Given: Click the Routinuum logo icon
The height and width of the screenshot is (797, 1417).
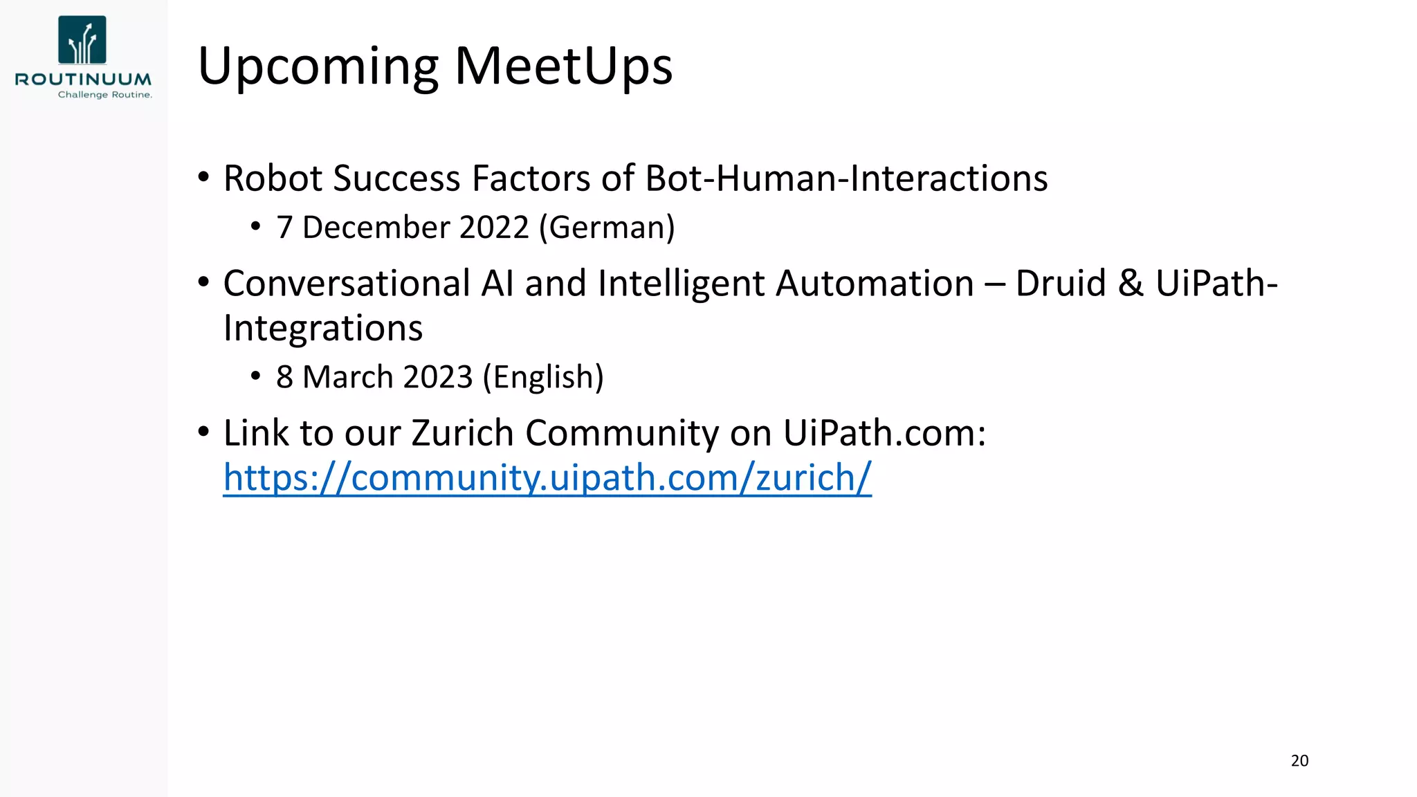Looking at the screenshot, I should pos(82,40).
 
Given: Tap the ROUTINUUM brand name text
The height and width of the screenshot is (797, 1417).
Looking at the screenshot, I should pos(83,80).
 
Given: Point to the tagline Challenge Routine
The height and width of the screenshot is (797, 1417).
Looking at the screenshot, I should pos(104,95).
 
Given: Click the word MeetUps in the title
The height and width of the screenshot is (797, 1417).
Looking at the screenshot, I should pos(563,66).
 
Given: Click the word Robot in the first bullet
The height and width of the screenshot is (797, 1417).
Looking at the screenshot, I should pos(273,178).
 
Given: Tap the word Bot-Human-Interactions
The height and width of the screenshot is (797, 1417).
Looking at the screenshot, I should pos(846,178).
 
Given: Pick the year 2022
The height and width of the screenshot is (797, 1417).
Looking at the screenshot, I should pos(493,228).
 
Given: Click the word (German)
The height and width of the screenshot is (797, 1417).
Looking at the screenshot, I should pos(607,228).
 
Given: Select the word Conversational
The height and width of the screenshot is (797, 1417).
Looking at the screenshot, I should pos(347,284).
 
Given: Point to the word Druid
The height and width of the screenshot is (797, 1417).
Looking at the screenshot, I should pos(1061,284).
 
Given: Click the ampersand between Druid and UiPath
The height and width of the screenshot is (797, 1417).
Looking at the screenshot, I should pos(1131,284).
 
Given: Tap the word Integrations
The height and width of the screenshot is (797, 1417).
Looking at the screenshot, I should pos(322,329).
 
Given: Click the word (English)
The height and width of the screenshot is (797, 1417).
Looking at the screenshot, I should pos(543,378).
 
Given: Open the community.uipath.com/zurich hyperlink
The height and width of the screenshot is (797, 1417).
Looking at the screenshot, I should pos(547,478).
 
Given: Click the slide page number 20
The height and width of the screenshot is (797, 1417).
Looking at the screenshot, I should pos(1299,761).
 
